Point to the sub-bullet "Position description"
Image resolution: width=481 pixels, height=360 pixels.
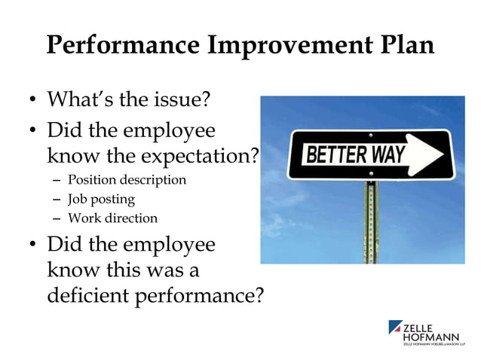point(127,180)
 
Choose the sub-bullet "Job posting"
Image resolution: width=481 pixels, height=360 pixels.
point(101,200)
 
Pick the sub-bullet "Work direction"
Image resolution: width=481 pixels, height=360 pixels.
point(112,218)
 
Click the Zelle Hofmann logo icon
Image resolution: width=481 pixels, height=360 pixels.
point(396,328)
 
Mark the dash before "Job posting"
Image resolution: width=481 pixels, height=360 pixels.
point(57,200)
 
